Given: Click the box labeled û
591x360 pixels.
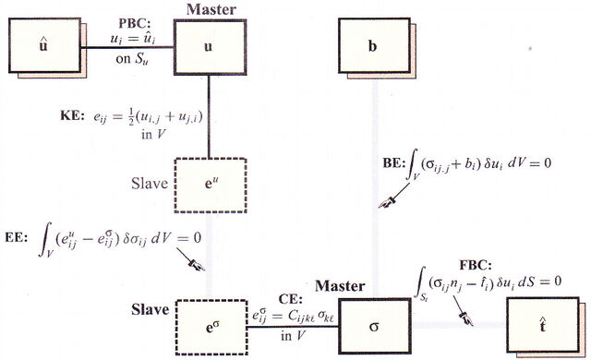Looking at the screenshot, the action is click(x=44, y=45).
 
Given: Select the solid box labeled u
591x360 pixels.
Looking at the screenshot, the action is click(x=210, y=47).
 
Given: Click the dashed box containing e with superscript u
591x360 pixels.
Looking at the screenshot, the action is click(x=211, y=185).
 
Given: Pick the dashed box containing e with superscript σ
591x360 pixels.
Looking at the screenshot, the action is click(x=211, y=327).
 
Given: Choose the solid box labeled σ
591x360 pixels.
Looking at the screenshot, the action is click(x=375, y=326).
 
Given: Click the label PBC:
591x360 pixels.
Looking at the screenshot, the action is click(x=135, y=23).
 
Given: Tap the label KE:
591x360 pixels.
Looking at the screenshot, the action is click(x=72, y=115).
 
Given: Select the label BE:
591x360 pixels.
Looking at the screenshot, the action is click(x=393, y=163).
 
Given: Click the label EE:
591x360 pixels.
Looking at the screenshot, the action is click(x=17, y=238).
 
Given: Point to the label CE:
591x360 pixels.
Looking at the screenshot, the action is click(x=291, y=299).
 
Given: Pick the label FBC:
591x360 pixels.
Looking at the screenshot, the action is click(x=476, y=265).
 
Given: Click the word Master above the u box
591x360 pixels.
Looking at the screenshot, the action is click(x=211, y=9).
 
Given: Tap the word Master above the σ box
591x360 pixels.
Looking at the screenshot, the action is click(x=340, y=286).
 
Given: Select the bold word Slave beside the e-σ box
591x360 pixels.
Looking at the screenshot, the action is click(x=150, y=309).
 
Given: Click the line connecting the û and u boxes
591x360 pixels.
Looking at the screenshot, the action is click(x=127, y=47).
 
